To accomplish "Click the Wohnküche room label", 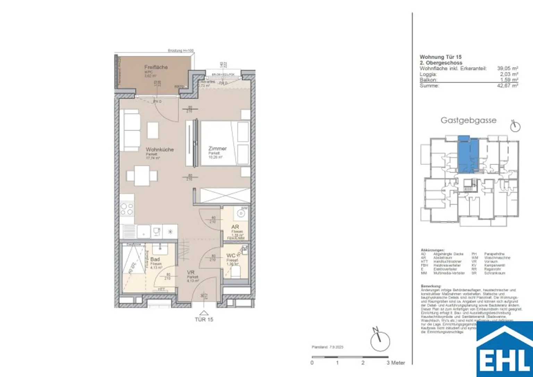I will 160,150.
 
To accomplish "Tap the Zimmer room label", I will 218,148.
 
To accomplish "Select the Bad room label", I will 155,259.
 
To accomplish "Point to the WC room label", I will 231,256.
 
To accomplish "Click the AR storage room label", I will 235,227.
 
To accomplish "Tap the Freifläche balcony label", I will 156,67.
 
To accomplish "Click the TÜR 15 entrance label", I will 204,319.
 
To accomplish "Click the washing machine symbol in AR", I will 239,213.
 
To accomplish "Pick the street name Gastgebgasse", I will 468,120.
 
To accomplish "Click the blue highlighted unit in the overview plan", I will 468,155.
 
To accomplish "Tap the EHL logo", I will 505,350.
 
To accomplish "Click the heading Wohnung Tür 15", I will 440,57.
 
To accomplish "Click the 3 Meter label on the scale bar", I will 396,363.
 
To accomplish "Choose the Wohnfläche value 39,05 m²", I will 507,69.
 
